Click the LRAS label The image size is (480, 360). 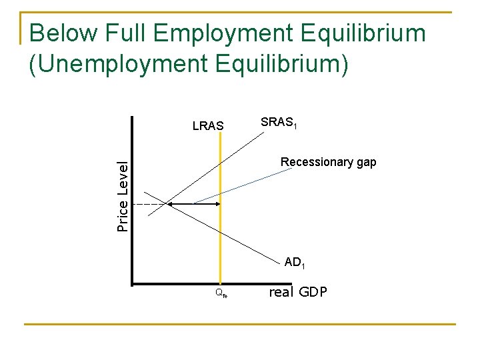pos(208,125)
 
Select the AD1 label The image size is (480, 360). pos(295,263)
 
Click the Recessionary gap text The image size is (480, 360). pos(328,162)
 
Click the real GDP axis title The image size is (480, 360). pos(297,291)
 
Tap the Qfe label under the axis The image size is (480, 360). pos(221,292)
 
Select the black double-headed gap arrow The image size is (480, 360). pos(193,203)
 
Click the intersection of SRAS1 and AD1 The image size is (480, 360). pos(169,203)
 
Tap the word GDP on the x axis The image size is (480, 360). pos(313,291)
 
